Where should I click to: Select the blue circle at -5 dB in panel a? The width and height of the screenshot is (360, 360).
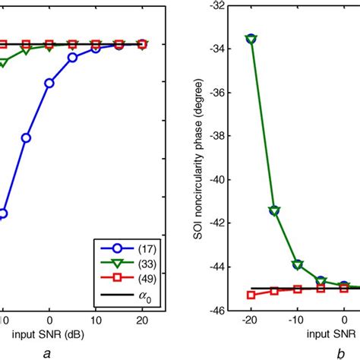[x=25, y=137]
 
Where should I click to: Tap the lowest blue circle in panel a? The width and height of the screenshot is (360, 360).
[x=2, y=213]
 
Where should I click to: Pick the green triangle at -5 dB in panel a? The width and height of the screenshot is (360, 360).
[x=25, y=50]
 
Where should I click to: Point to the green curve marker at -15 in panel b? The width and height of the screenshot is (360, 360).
[x=274, y=210]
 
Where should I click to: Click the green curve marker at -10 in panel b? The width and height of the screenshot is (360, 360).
[x=298, y=264]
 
